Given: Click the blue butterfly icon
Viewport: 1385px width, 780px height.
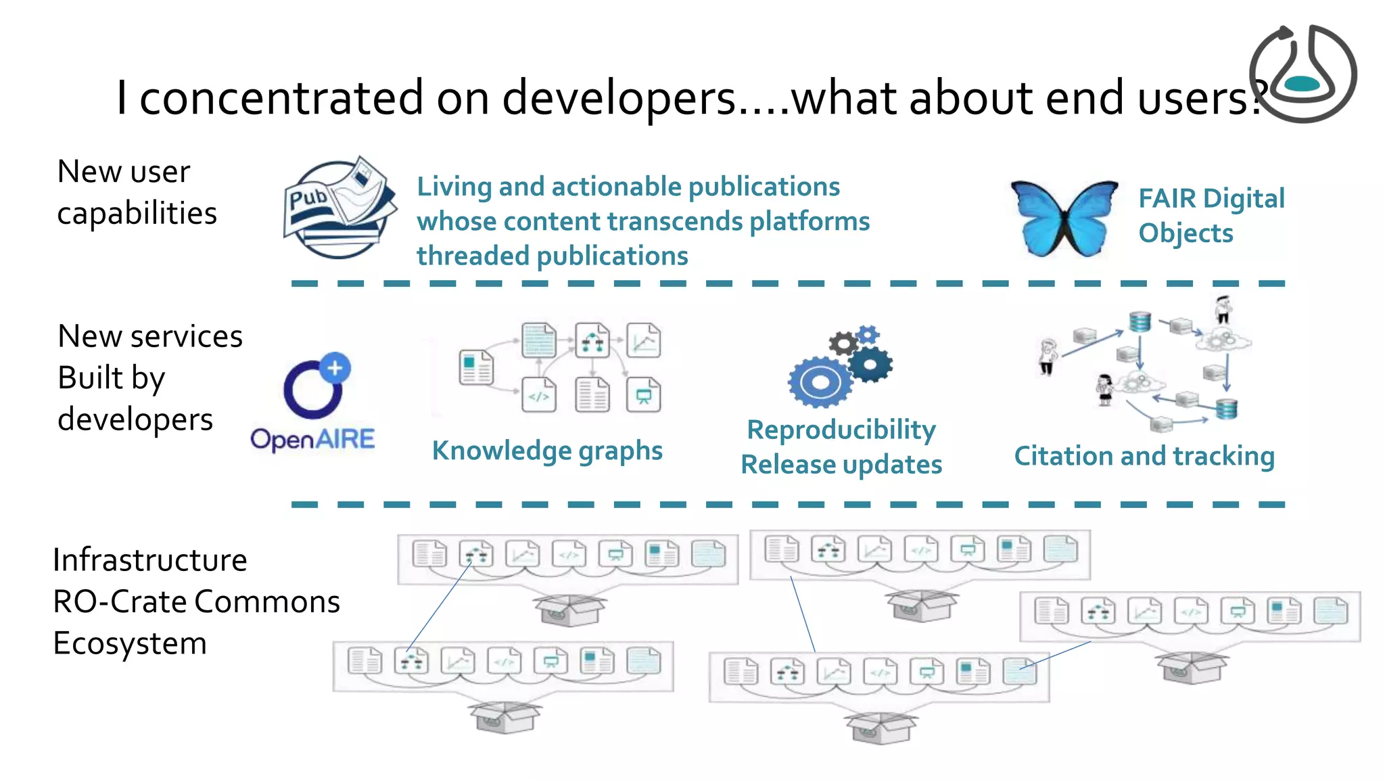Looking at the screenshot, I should click(1064, 218).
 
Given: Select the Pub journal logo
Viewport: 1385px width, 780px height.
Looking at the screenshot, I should click(339, 207).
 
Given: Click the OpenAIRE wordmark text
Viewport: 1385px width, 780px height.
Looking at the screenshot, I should click(312, 440).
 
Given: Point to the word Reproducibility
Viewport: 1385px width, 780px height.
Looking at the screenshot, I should click(841, 430).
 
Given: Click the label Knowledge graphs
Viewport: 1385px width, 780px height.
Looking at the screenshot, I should click(547, 451).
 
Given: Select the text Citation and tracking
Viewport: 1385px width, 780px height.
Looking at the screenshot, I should click(1144, 457).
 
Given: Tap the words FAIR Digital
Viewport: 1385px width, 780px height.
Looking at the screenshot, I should click(1211, 199).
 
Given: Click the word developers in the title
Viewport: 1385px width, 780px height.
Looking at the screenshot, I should click(618, 98).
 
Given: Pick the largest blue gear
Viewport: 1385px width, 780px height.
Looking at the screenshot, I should click(820, 382).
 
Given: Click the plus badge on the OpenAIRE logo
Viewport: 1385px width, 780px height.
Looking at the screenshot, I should click(335, 368).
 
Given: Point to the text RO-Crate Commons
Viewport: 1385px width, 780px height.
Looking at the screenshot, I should click(196, 601).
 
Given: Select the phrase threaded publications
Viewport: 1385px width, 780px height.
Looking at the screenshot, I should click(552, 256).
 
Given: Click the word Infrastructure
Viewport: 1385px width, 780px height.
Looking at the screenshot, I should click(150, 560).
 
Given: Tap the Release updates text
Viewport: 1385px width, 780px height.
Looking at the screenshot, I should click(841, 465).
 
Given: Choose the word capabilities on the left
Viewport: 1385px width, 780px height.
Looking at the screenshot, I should click(137, 214).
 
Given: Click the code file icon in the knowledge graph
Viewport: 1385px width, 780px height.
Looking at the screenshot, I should click(539, 396).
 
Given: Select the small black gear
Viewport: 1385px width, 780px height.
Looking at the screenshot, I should click(843, 344).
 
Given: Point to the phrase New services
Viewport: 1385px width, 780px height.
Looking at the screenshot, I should click(150, 336).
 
